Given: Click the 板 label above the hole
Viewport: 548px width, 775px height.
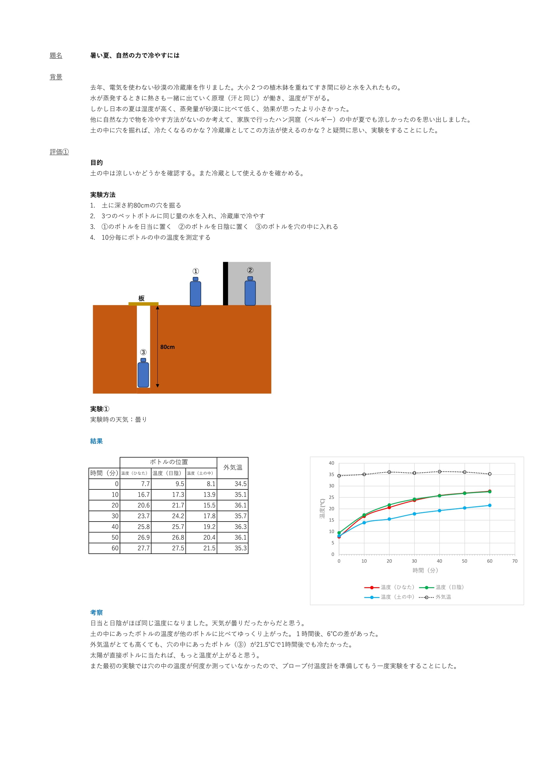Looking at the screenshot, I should click(x=141, y=299).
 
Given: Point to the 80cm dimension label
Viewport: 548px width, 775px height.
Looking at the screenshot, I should click(x=167, y=347).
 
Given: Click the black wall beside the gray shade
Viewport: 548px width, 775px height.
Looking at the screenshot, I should click(x=225, y=284).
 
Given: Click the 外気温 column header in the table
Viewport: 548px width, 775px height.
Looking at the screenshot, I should click(x=233, y=468).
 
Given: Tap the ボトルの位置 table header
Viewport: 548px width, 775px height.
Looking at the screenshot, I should click(x=168, y=462).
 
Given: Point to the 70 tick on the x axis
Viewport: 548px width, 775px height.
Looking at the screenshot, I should click(x=515, y=561).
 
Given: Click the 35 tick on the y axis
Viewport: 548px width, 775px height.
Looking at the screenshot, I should click(x=331, y=474).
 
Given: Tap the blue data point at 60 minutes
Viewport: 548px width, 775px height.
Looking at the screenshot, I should click(x=490, y=505).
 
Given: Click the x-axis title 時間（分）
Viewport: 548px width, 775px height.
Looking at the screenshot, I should click(x=425, y=571).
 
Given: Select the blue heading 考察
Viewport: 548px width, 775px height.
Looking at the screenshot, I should click(x=96, y=613).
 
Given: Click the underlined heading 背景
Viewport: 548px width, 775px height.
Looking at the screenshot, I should click(x=56, y=77).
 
